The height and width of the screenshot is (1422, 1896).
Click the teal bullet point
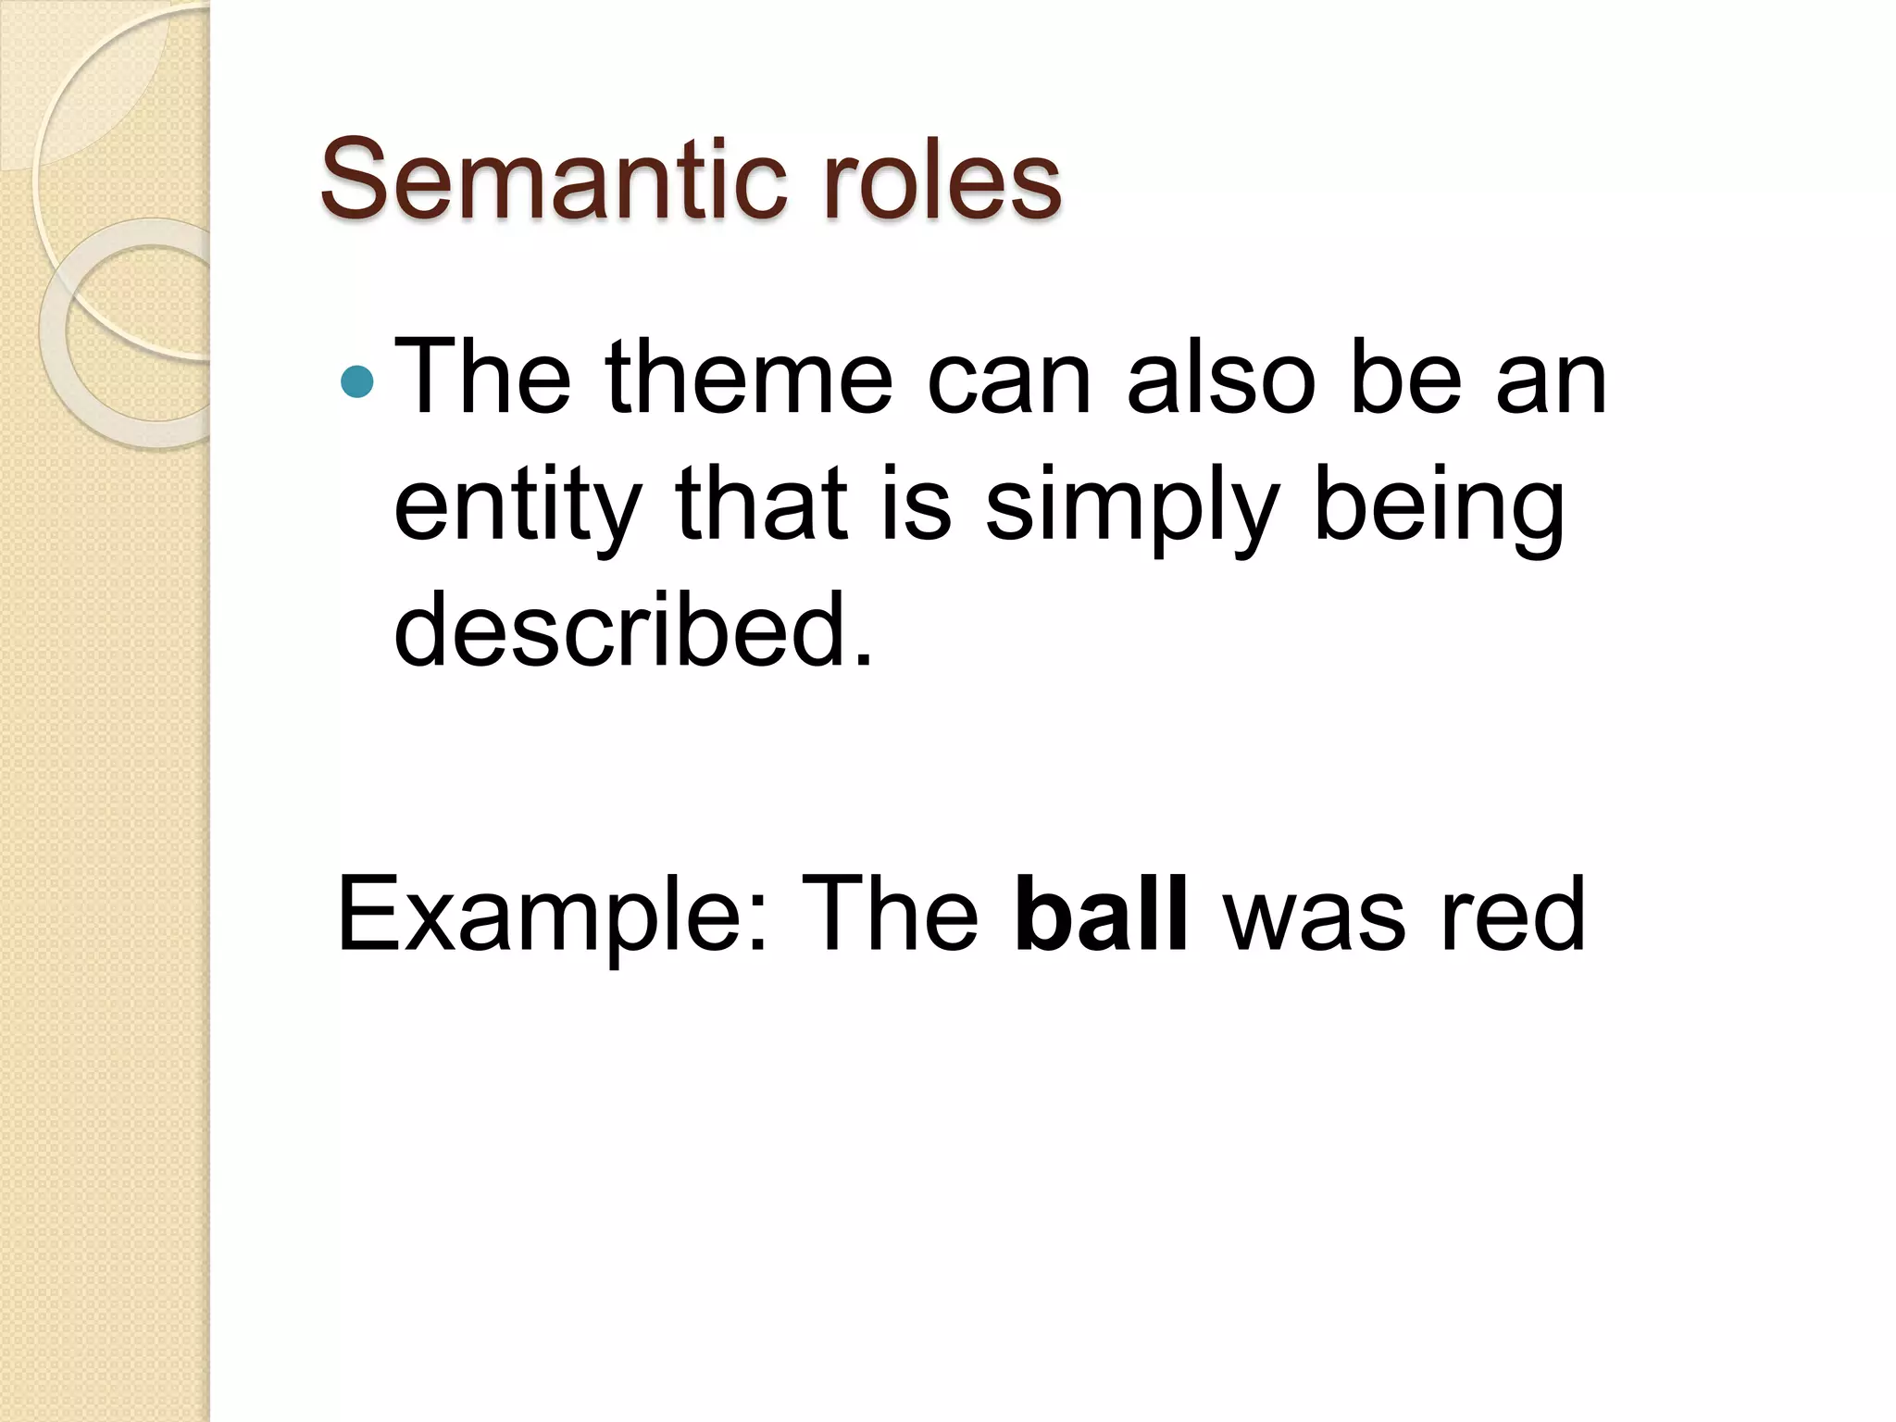click(356, 380)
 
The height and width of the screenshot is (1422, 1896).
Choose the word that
click(761, 505)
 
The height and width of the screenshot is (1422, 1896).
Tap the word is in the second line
click(917, 505)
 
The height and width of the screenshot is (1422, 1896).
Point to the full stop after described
click(863, 656)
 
